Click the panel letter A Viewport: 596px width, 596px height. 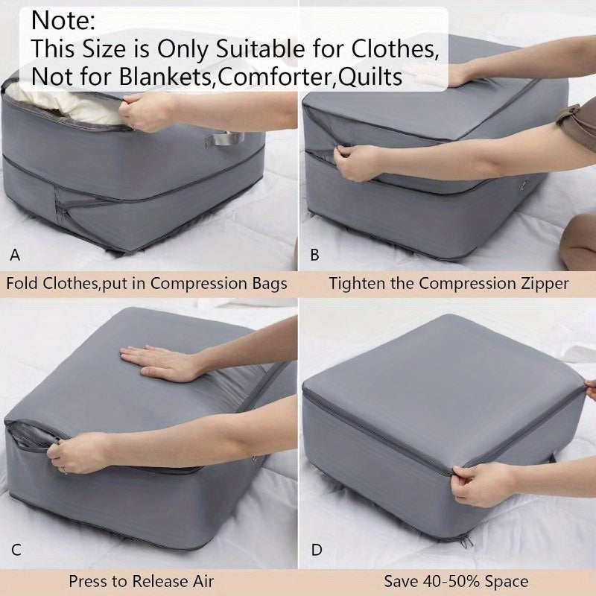click(x=15, y=256)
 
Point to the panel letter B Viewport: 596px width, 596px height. click(x=314, y=256)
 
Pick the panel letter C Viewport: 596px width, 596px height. click(x=16, y=551)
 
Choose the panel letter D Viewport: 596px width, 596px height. click(x=317, y=551)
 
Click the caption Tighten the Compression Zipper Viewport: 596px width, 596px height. click(x=448, y=284)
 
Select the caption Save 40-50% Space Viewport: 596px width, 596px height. click(x=456, y=581)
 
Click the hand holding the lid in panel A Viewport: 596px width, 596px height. click(x=149, y=110)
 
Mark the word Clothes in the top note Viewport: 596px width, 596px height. click(x=391, y=49)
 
